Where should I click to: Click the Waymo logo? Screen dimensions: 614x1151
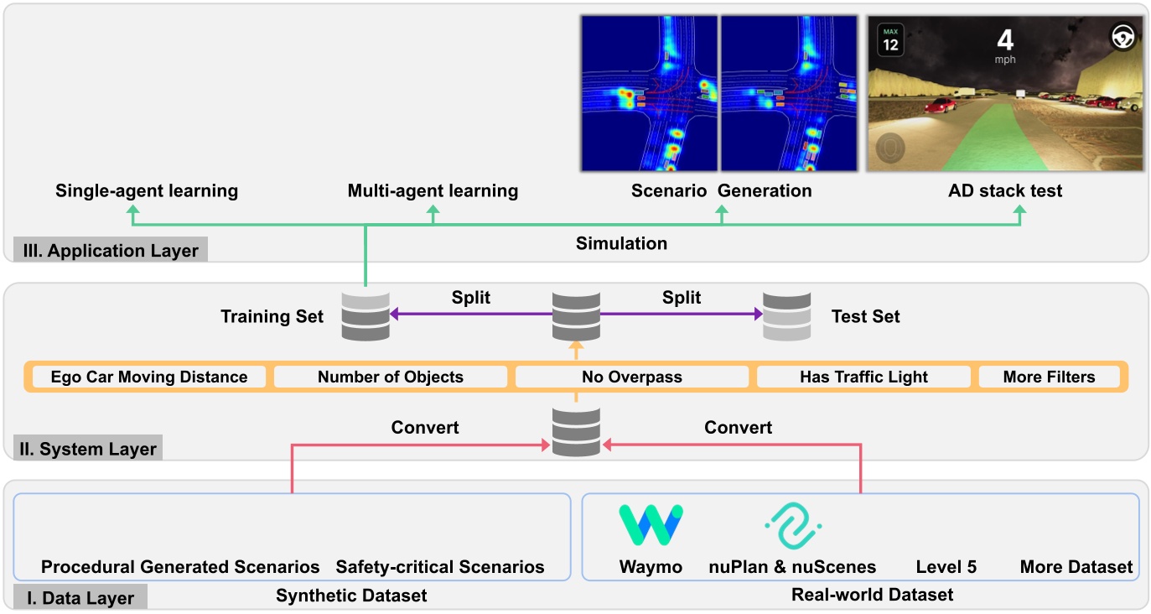[x=651, y=525]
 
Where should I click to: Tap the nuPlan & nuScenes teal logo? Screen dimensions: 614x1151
[x=792, y=526]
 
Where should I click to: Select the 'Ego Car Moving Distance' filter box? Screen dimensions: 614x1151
[x=149, y=377]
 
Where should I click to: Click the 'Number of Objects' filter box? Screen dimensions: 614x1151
[x=390, y=377]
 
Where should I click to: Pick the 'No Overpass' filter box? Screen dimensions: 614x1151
[x=631, y=377]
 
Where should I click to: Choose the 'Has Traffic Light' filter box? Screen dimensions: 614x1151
[x=863, y=377]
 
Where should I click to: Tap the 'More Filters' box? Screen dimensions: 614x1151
[x=1049, y=377]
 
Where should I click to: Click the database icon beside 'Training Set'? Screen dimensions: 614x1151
[x=366, y=315]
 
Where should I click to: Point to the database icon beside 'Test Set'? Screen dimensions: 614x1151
[x=786, y=315]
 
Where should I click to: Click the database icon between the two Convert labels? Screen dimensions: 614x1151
[x=575, y=431]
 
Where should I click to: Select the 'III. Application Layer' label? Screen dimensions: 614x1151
[x=110, y=250]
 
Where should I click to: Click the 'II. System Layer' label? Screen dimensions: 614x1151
[x=88, y=449]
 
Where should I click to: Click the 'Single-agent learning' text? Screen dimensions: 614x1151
[x=147, y=191]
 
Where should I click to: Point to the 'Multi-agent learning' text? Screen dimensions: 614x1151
[x=433, y=191]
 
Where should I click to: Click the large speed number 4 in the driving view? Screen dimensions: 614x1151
[x=1004, y=39]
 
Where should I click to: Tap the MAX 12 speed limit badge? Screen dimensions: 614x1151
[x=890, y=39]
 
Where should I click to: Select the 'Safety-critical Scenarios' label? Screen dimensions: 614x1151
[x=440, y=567]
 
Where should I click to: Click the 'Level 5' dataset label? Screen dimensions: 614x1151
[x=946, y=567]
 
